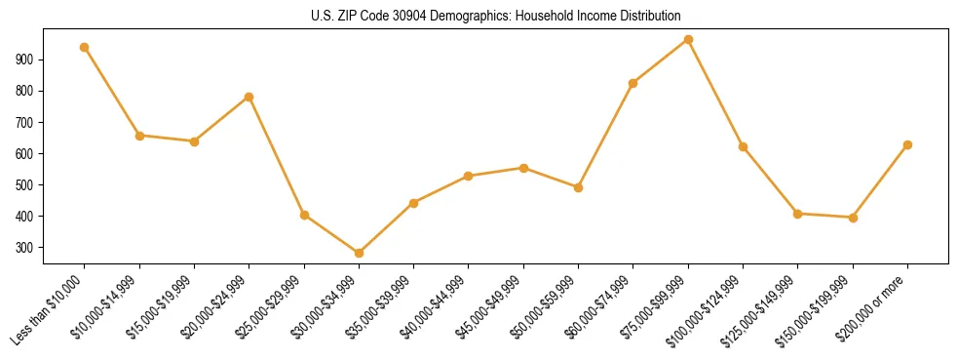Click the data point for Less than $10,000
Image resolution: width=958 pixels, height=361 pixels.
(85, 47)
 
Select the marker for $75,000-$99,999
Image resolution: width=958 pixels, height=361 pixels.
(688, 40)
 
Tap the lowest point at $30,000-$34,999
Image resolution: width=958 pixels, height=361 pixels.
(359, 253)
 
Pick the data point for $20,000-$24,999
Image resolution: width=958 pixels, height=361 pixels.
(249, 97)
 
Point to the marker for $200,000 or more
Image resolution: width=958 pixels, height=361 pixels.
(907, 144)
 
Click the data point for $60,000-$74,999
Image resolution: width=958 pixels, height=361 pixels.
(633, 83)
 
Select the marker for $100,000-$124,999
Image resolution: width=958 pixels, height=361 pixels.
(743, 146)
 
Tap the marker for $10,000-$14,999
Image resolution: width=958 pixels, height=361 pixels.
(139, 136)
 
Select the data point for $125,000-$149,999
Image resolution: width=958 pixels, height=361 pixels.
(797, 214)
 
